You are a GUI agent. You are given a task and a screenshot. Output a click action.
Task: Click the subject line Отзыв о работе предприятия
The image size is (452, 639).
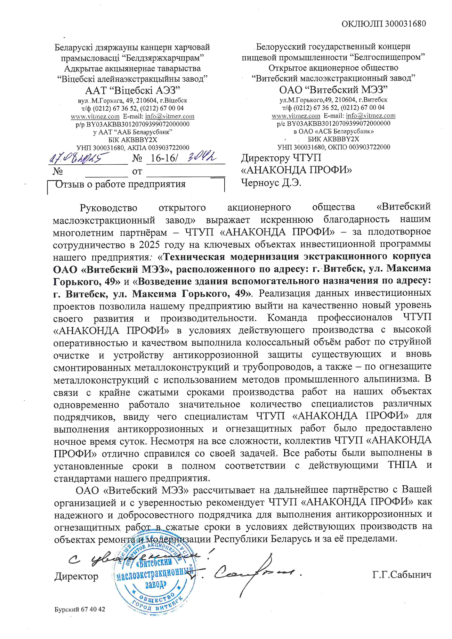click(121, 184)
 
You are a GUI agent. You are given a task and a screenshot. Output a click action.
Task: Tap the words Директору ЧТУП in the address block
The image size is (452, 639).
click(281, 158)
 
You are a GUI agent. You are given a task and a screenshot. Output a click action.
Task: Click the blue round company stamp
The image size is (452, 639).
click(155, 580)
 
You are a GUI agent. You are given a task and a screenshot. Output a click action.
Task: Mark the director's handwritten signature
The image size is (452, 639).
click(254, 573)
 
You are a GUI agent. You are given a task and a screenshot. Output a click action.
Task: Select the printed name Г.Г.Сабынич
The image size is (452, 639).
click(402, 575)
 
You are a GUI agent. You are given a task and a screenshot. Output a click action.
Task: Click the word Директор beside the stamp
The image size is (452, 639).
click(76, 576)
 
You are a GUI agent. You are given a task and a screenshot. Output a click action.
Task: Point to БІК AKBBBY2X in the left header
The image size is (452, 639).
click(132, 140)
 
